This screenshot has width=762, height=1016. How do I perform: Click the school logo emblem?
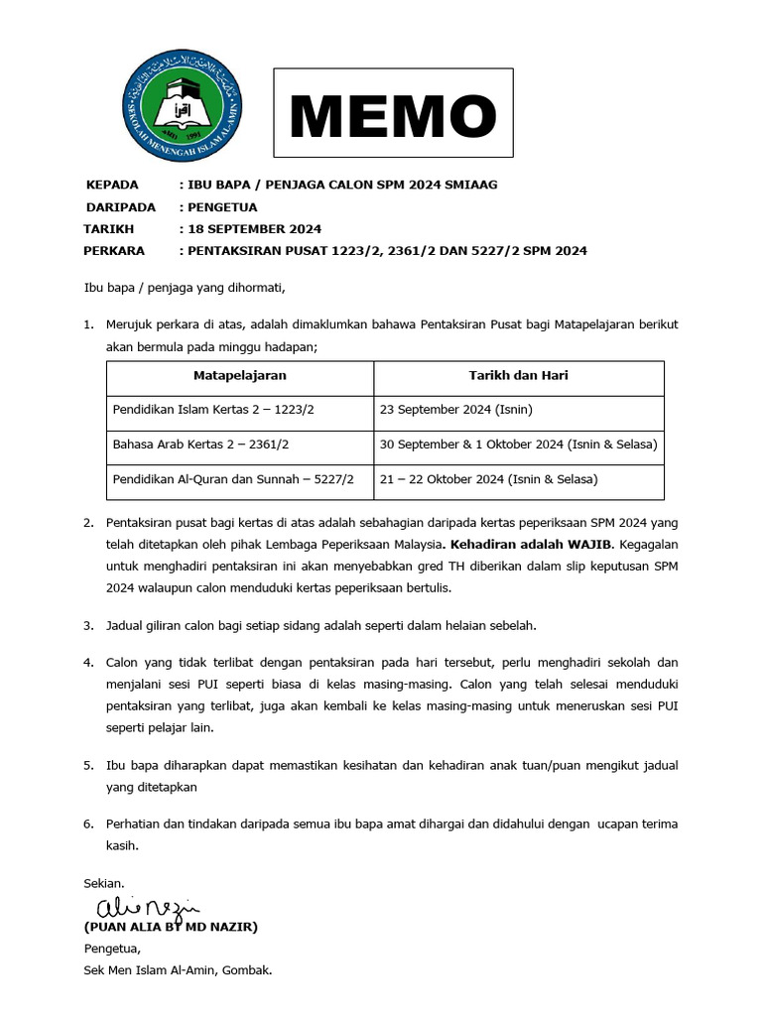(x=184, y=111)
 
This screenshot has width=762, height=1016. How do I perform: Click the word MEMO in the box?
(x=393, y=115)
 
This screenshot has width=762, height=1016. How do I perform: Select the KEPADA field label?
(x=112, y=186)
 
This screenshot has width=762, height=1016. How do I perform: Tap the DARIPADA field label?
(x=120, y=207)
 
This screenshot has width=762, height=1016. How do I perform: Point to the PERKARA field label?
(x=115, y=251)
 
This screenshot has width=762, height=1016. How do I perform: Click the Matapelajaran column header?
(x=239, y=376)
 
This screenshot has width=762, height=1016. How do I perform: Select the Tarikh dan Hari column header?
(x=518, y=376)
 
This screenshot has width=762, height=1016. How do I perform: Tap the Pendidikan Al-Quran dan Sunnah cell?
(x=233, y=479)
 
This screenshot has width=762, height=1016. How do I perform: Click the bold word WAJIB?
(x=592, y=544)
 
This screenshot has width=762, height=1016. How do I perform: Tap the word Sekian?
(x=104, y=883)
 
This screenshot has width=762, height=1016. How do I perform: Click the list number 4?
(x=87, y=662)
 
